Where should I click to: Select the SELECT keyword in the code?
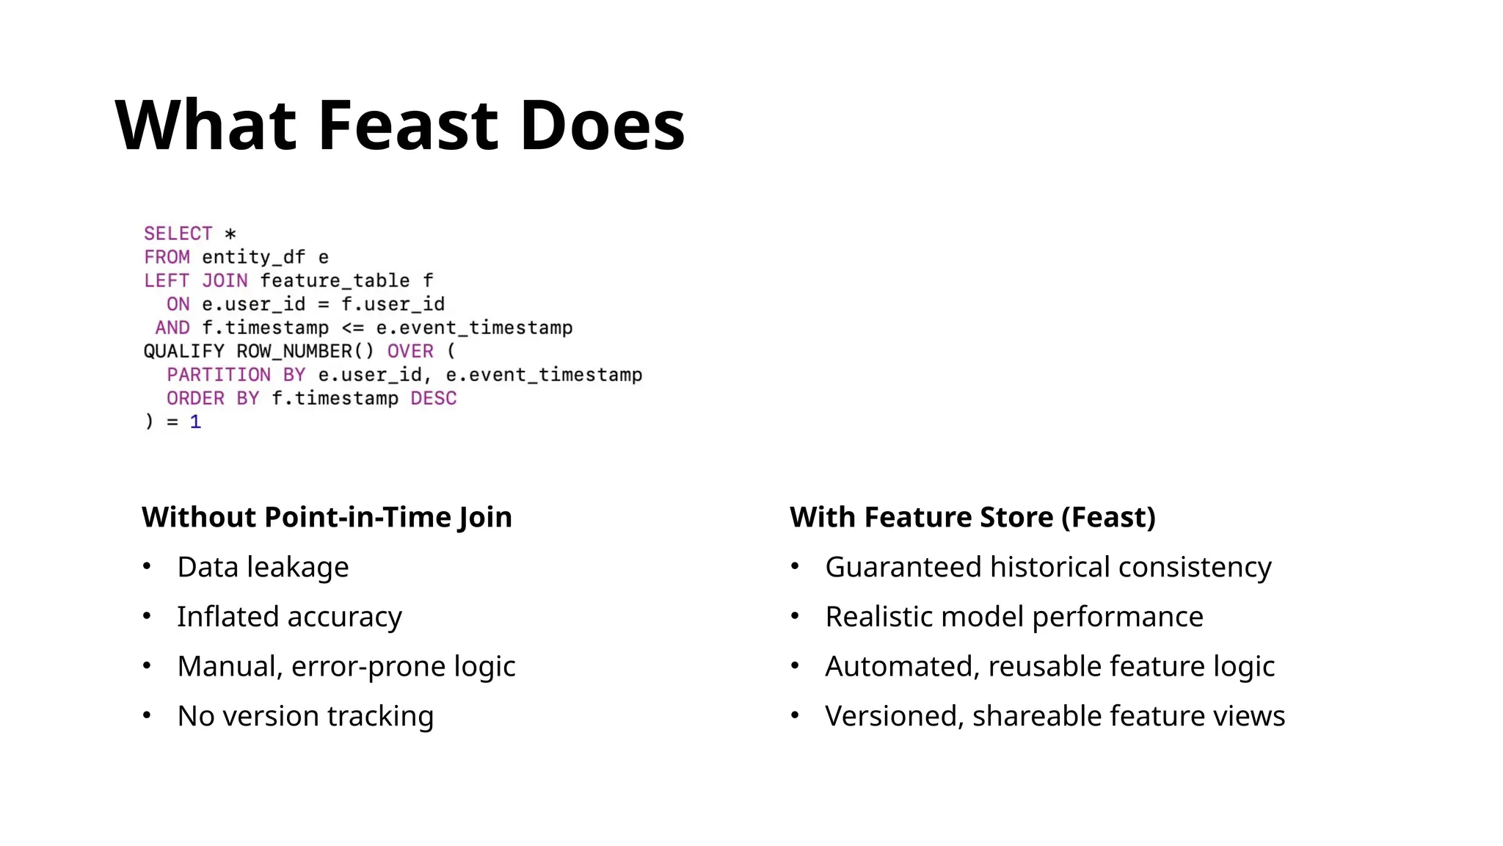(x=178, y=234)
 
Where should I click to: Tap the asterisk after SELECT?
(x=230, y=234)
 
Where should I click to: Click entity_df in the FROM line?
(x=253, y=257)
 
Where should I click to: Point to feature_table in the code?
(x=335, y=281)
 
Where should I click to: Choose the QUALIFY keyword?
(x=183, y=351)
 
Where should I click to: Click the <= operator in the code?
(x=352, y=328)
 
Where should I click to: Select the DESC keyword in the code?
(x=433, y=398)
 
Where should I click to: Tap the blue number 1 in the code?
(x=195, y=422)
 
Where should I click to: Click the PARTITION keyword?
(x=219, y=375)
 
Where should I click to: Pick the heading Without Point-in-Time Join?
(x=327, y=517)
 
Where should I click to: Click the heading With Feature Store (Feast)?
(x=972, y=517)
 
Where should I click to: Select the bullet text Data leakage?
(x=263, y=567)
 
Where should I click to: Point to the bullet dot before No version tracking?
(x=147, y=715)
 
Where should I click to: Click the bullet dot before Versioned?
(x=795, y=715)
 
